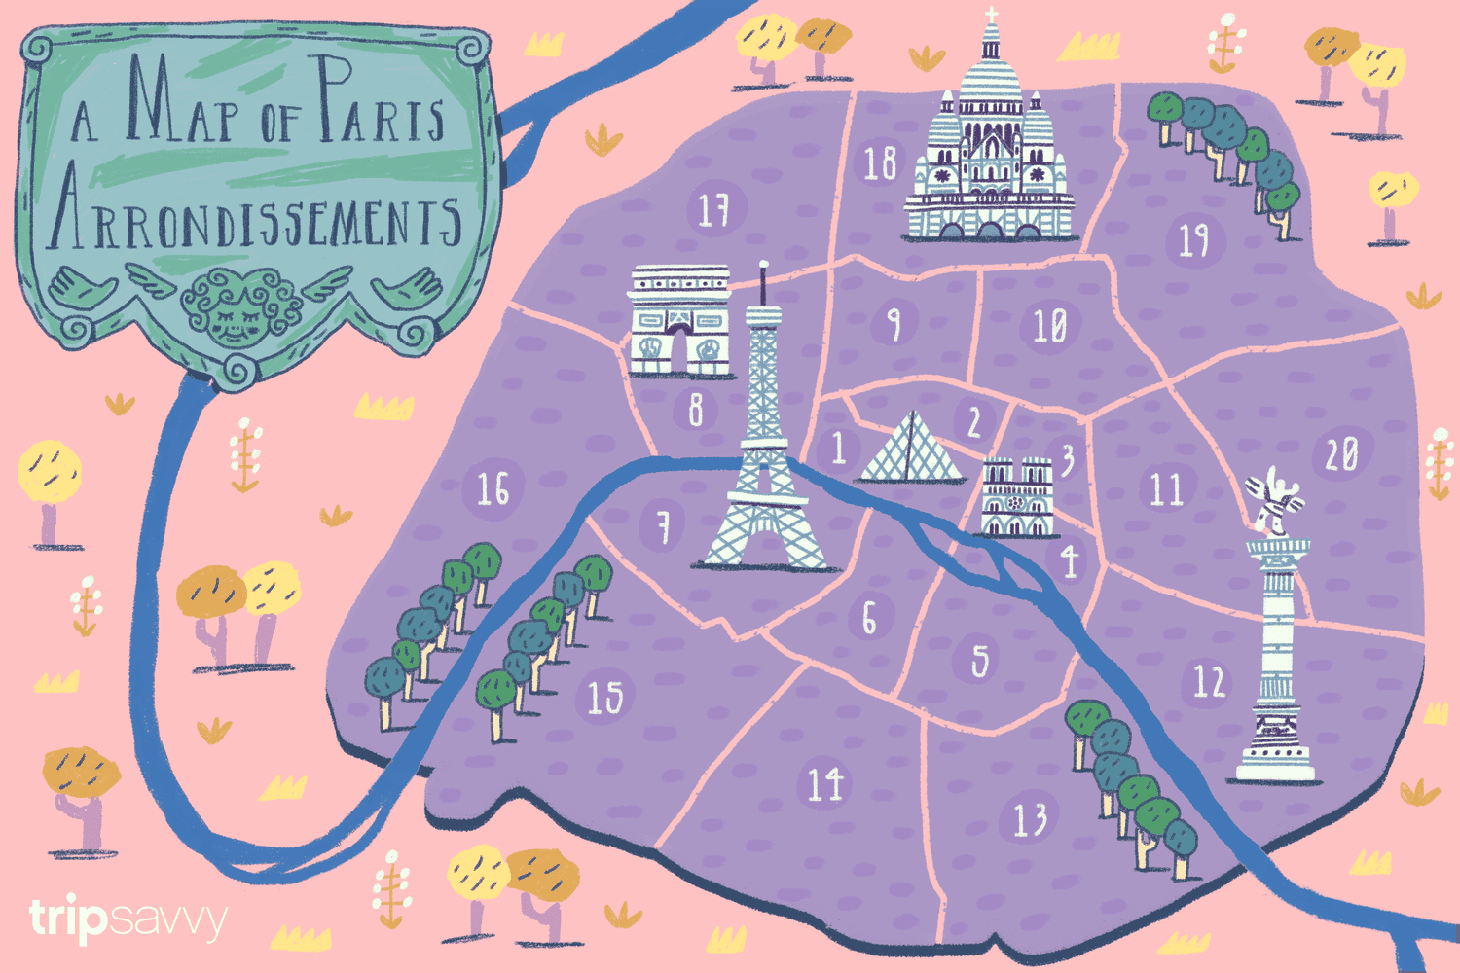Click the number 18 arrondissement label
click(880, 163)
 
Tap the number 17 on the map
click(713, 209)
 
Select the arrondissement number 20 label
click(1341, 453)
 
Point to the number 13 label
click(1030, 819)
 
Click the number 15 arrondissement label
click(604, 697)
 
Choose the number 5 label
click(979, 661)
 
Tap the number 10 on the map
click(1049, 326)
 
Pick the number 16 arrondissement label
click(493, 488)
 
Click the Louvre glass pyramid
click(910, 450)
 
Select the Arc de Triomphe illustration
click(679, 321)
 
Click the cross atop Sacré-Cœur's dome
click(991, 16)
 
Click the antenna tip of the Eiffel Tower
click(764, 266)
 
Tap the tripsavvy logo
click(128, 919)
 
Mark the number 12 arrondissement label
click(1209, 681)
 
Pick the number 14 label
click(824, 783)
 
